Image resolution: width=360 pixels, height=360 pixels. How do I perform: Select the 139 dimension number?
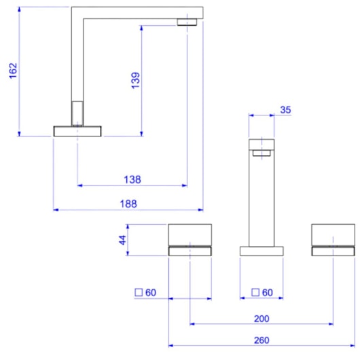(x=135, y=80)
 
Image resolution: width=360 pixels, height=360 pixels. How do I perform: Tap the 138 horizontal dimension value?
(x=133, y=179)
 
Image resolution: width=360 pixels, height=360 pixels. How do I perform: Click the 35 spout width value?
(x=285, y=109)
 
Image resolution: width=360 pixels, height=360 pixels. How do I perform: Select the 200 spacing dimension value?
(x=261, y=318)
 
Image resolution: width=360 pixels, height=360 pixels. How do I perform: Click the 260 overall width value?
(x=261, y=340)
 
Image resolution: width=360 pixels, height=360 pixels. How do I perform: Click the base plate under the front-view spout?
(x=262, y=251)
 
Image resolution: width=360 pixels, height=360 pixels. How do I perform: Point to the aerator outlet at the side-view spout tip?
(x=188, y=22)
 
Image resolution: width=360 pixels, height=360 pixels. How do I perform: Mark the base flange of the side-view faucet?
(x=77, y=130)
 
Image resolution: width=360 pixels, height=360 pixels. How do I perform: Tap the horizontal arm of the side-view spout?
(x=136, y=12)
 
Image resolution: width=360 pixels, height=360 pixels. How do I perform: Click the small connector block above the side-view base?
(x=77, y=113)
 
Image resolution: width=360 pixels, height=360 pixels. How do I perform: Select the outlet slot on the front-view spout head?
(x=262, y=154)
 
